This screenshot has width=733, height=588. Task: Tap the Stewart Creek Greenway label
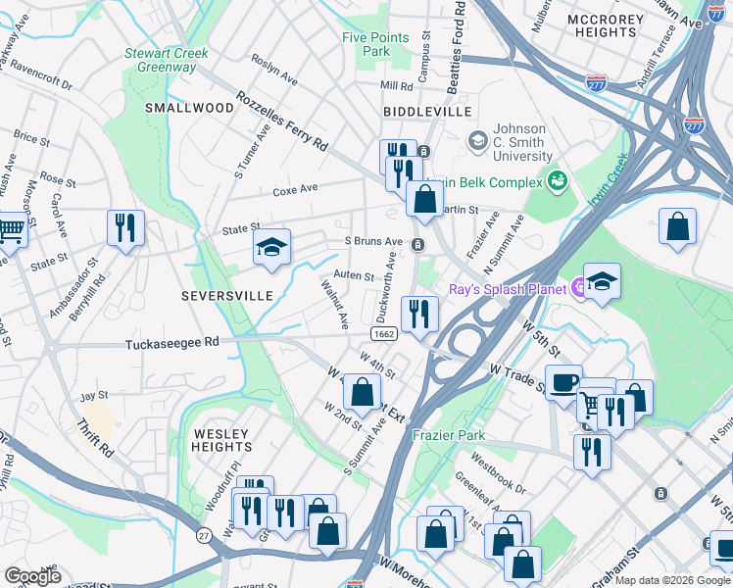(160, 60)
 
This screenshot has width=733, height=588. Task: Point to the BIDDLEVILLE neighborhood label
(427, 113)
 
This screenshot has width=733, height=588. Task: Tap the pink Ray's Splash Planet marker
(579, 287)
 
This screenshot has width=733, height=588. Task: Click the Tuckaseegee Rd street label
(172, 344)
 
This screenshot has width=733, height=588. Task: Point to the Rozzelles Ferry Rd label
(282, 123)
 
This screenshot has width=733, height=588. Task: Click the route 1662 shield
(384, 334)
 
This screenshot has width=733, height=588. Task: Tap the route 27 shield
(203, 535)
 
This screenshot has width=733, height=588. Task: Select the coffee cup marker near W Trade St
(563, 381)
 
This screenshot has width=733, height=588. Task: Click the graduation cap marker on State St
(271, 246)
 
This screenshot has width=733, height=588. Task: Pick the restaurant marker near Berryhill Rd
(125, 227)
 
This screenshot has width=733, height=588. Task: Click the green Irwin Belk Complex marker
(558, 180)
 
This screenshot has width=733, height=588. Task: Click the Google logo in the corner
(32, 576)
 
